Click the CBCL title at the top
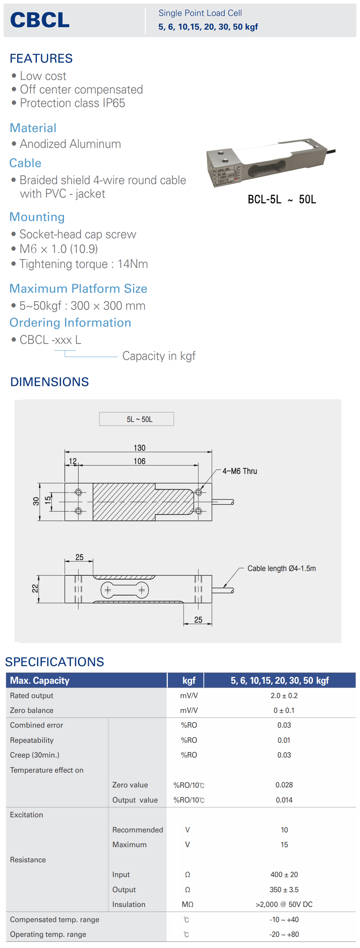tap(40, 20)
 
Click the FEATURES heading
tap(41, 59)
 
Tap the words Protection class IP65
tap(72, 103)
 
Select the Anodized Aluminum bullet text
tap(70, 144)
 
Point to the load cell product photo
tap(270, 163)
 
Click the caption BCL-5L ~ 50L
tap(282, 199)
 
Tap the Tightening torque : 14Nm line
tap(84, 264)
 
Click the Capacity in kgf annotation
tap(159, 356)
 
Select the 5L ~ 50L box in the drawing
tap(136, 419)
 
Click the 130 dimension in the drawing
tap(140, 448)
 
